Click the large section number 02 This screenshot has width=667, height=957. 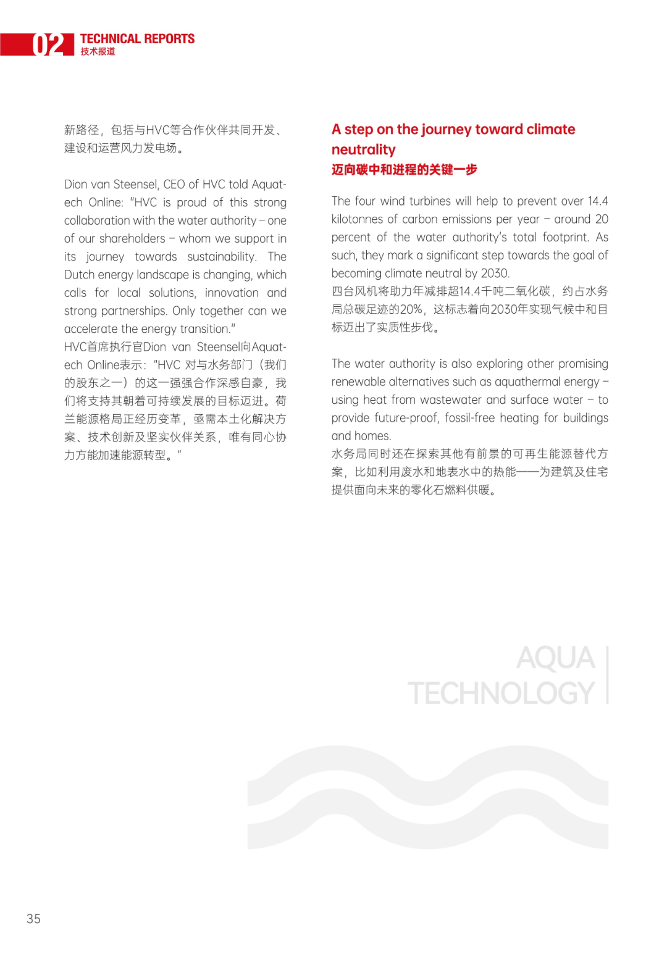click(48, 44)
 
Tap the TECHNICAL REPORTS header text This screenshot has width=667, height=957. click(137, 39)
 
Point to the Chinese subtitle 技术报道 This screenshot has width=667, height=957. click(98, 52)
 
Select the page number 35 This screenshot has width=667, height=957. click(33, 919)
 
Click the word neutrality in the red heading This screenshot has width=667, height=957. click(363, 150)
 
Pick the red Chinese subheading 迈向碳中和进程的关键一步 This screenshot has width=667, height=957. click(404, 170)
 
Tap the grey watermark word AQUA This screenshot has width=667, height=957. click(555, 658)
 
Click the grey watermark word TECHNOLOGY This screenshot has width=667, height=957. click(501, 693)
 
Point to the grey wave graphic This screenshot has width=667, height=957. click(427, 796)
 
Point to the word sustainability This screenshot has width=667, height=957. click(221, 257)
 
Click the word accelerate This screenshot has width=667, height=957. click(93, 329)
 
